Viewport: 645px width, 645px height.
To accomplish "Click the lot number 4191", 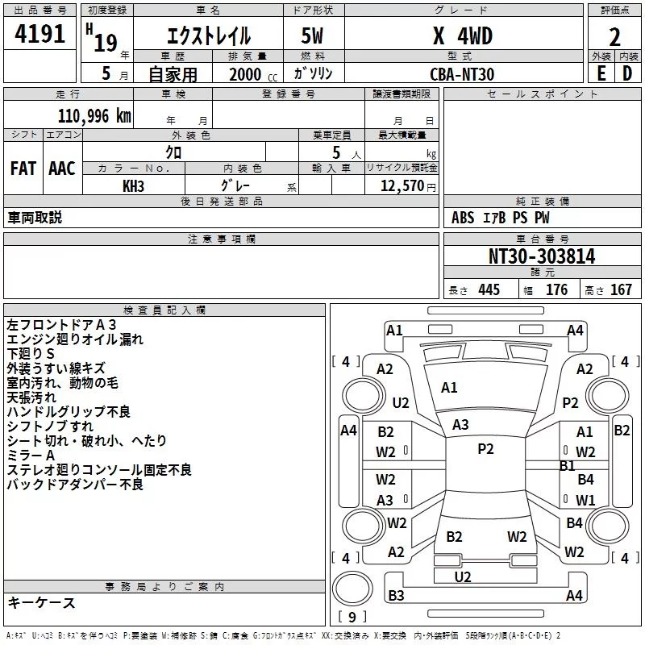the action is (40, 33).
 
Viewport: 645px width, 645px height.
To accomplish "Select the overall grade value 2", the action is (614, 37).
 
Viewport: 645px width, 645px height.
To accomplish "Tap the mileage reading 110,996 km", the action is (94, 116).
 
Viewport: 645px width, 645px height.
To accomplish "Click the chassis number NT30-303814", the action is (542, 256).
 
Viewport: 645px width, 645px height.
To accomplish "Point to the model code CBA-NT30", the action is (462, 74).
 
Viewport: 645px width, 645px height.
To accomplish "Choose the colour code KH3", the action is (133, 186).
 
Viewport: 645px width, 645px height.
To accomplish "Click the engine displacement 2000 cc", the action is (253, 74).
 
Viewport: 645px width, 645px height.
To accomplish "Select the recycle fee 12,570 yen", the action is (408, 186).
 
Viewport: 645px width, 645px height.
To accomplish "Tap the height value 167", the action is (621, 289).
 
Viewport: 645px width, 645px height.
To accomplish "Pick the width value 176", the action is (556, 289).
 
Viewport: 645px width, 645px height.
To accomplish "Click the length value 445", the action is (489, 289).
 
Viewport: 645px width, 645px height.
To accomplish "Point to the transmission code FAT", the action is (23, 169).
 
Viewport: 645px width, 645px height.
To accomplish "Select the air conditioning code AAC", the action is (62, 169).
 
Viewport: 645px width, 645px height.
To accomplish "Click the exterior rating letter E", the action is (601, 73).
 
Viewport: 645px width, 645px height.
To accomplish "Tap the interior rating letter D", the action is (627, 73).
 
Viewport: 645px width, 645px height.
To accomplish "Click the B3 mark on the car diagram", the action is (396, 595).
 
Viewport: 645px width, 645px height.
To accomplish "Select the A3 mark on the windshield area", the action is (460, 425).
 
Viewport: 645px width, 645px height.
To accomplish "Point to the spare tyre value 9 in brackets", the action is (352, 617).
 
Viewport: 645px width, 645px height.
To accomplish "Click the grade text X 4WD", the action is (463, 35).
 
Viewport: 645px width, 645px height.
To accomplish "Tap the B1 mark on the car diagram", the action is (568, 466).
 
